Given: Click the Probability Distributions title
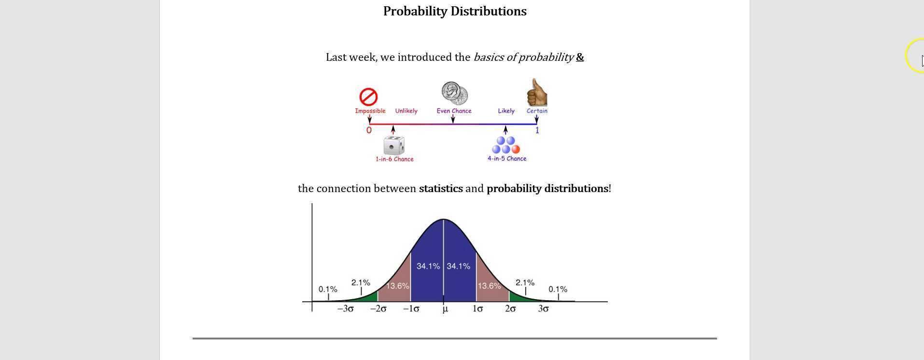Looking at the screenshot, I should coord(455,11).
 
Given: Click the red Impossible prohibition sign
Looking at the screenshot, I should coord(368,97).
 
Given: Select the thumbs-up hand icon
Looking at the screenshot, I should coord(536,93).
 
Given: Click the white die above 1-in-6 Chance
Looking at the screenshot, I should coord(394,145).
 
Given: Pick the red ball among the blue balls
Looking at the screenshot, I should coord(516,149).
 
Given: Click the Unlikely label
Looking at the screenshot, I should coord(406,111).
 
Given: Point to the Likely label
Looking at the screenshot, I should coord(506,111).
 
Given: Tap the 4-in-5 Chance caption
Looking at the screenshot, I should coord(507,158).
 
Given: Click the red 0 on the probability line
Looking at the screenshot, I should coord(369,130).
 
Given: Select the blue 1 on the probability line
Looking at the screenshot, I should coord(537,130).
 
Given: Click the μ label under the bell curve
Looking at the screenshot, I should coord(445,309).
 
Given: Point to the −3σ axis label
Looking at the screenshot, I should coord(345,309).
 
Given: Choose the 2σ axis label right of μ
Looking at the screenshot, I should coord(510,309).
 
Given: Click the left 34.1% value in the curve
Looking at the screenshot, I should coord(428,266).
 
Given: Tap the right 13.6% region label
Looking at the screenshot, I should coord(490,286).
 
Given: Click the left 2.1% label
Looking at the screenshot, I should coord(361,282).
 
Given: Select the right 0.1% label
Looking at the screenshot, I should coord(558,289).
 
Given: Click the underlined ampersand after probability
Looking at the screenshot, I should coord(580,57).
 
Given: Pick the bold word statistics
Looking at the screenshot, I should coord(441,189).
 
